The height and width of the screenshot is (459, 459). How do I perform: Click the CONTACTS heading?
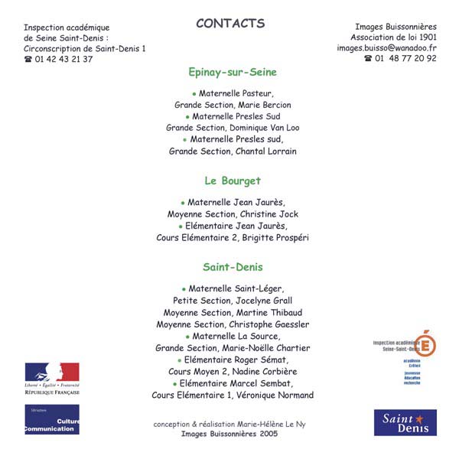coord(230,23)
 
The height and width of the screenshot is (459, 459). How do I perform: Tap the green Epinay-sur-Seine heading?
coord(233,72)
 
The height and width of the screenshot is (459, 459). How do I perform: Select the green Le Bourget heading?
coord(233,181)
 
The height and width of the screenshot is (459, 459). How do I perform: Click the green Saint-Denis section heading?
coord(233,267)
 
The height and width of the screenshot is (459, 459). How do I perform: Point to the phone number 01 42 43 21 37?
coord(63,59)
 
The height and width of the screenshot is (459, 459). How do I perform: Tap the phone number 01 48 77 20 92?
coord(405,58)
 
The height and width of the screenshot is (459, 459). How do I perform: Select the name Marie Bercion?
coord(267,105)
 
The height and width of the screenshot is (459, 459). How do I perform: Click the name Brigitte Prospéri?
coord(276,238)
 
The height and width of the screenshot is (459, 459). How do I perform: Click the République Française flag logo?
coord(52,378)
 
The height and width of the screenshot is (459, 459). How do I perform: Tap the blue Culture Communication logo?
coord(52,419)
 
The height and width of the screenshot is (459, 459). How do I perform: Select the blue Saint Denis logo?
coord(405,422)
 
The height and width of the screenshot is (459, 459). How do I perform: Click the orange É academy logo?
coord(425,344)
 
